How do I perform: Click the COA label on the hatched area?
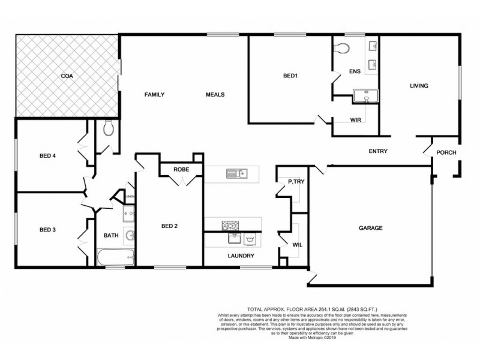click(67, 76)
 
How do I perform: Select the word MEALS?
click(215, 95)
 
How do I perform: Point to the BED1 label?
click(291, 76)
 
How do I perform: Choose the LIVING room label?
click(419, 86)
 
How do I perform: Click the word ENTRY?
click(378, 152)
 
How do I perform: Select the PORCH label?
click(446, 153)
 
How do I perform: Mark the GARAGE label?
click(371, 228)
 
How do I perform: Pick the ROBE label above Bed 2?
click(181, 170)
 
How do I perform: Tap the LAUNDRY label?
click(241, 256)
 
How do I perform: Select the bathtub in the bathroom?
click(116, 259)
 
